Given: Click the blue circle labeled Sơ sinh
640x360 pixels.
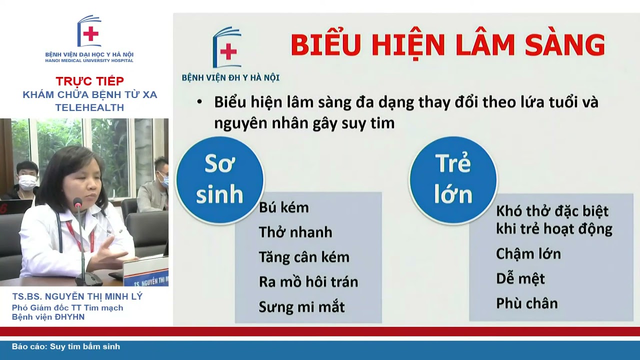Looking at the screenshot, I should [x=219, y=180].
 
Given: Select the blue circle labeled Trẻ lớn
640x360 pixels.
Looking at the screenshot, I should [x=453, y=180].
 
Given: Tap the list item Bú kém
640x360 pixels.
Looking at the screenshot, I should [x=283, y=207].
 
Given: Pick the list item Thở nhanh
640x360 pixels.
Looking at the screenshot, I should [x=295, y=232].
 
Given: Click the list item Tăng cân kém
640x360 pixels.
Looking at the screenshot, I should [x=303, y=257].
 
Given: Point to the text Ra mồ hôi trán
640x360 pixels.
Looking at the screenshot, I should [x=308, y=282].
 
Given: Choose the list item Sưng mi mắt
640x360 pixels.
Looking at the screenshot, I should [x=301, y=306].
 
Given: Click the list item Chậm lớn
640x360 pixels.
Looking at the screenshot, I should [x=528, y=254].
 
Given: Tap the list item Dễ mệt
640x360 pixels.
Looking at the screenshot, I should [x=520, y=278].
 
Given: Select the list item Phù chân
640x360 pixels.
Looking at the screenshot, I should [x=526, y=303].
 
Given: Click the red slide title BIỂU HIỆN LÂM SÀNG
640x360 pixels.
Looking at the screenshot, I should [x=447, y=45].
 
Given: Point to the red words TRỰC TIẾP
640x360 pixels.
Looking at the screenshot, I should [x=90, y=81].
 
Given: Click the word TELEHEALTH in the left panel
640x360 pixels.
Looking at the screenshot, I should [x=90, y=107].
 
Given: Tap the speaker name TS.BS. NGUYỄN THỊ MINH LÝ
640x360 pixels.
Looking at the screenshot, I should [x=77, y=296].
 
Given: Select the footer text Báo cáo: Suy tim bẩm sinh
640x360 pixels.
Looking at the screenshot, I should [x=66, y=346].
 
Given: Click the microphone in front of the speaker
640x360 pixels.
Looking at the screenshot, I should [x=77, y=202].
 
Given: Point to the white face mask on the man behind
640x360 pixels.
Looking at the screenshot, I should [x=27, y=182].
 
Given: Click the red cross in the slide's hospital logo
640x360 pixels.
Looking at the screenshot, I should [x=228, y=51].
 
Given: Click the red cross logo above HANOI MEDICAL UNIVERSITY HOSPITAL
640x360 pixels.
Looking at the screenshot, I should [x=90, y=33].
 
